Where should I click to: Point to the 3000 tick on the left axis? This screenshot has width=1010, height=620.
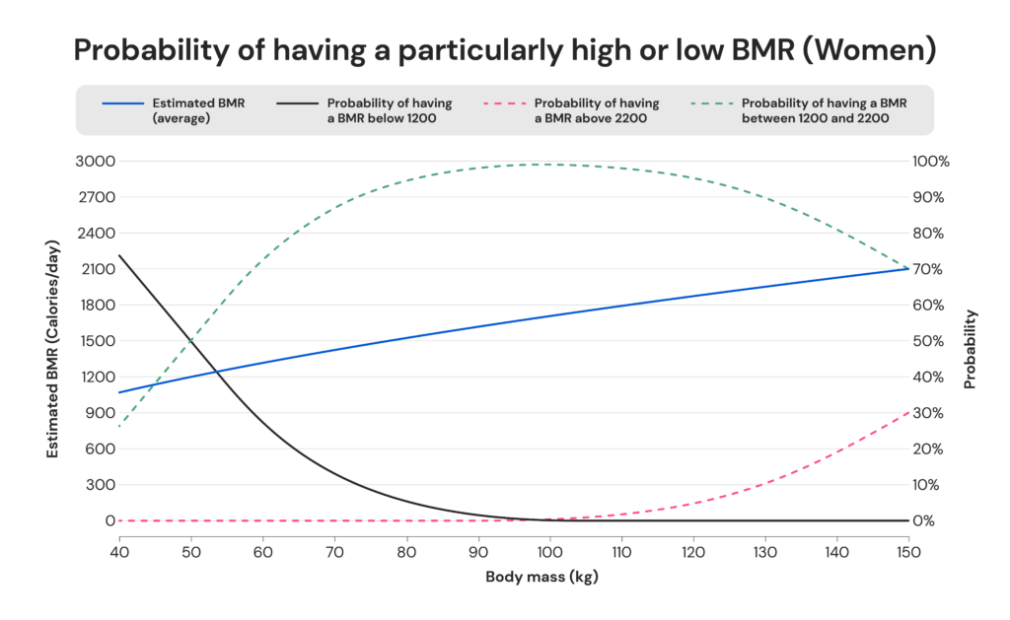[x=96, y=161]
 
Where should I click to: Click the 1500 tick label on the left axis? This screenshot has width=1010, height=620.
[x=96, y=341]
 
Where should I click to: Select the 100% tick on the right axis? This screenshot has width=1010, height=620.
[x=932, y=161]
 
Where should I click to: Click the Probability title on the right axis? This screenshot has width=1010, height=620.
[x=971, y=349]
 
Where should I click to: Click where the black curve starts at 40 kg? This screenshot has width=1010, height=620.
[x=119, y=256]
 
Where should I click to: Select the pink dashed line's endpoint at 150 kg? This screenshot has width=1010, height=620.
[x=907, y=411]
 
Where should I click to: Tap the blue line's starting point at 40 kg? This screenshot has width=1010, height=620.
[x=119, y=392]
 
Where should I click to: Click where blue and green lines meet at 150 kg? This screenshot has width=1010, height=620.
[x=907, y=268]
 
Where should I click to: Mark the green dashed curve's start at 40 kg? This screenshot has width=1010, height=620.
[x=119, y=426]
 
